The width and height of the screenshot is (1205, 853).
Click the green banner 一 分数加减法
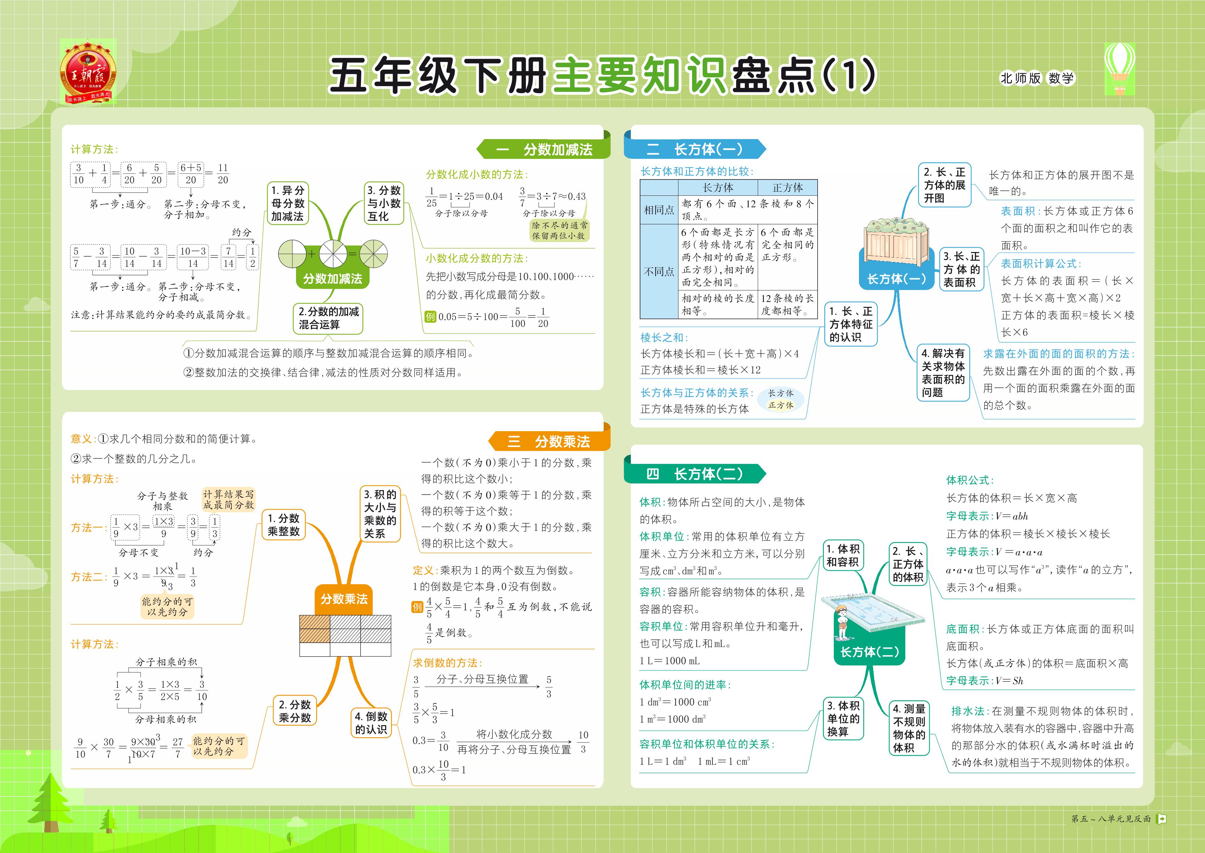[x=544, y=149]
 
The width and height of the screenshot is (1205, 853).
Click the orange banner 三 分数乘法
[x=549, y=441]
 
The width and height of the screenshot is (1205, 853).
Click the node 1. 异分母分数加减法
[x=288, y=203]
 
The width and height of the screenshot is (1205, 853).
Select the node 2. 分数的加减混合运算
[x=328, y=318]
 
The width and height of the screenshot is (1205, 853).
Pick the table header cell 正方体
[x=787, y=187]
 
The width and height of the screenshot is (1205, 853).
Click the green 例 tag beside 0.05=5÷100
[x=430, y=317]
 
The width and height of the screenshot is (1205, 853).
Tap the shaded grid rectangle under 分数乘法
[x=345, y=635]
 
